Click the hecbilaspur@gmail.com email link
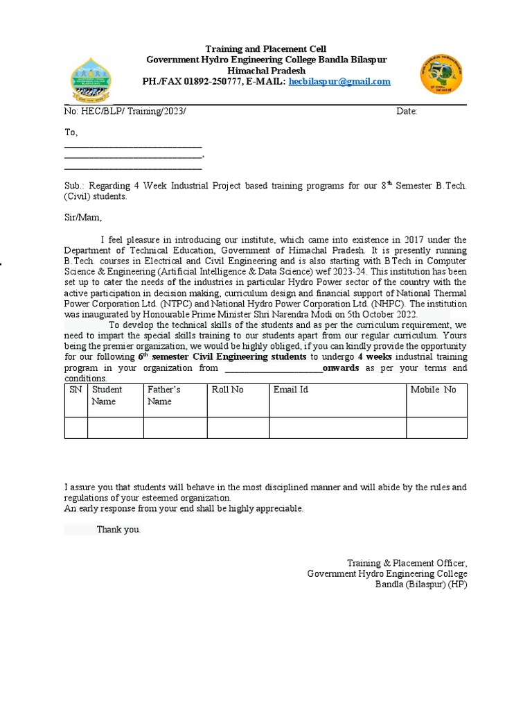(339, 81)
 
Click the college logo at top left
(98, 81)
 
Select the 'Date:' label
(407, 112)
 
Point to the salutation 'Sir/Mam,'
(83, 217)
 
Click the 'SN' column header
(76, 390)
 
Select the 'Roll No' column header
(228, 390)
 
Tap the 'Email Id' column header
(291, 390)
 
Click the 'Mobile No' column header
(434, 390)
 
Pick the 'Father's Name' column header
(163, 395)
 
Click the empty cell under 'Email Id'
(337, 428)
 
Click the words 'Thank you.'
(119, 530)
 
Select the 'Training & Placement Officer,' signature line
(407, 562)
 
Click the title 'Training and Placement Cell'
(266, 49)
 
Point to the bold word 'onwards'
(341, 367)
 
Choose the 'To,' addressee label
(71, 132)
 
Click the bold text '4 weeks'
(375, 356)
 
